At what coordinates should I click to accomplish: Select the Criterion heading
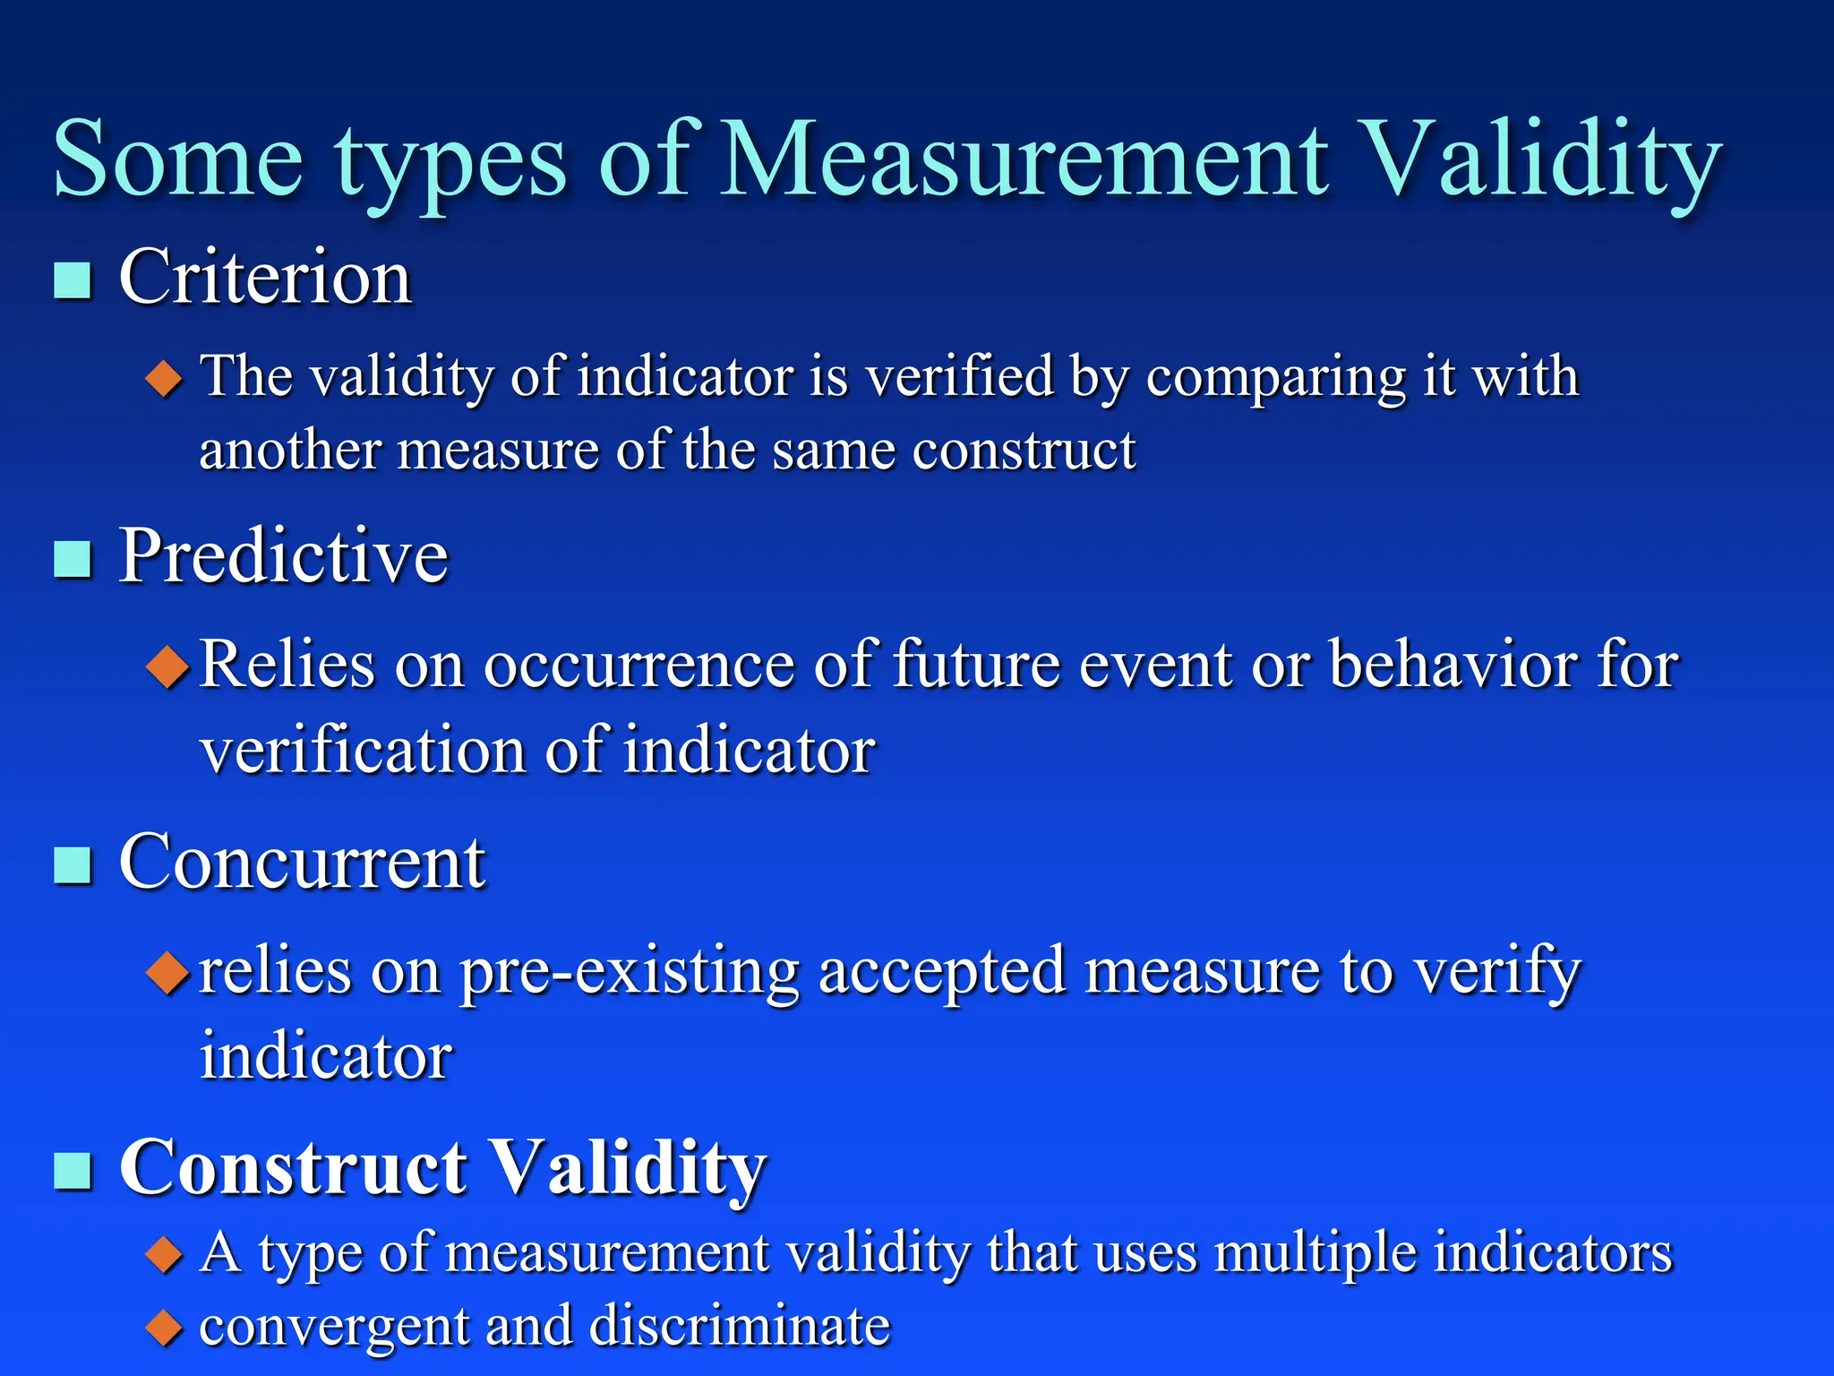[265, 278]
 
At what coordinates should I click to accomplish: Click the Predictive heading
[283, 556]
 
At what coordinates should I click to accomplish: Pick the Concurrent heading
[302, 862]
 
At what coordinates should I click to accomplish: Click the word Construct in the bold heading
[294, 1167]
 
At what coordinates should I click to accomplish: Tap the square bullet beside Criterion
[73, 280]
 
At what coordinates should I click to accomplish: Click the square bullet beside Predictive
[73, 559]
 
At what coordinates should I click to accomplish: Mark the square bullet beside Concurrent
[73, 865]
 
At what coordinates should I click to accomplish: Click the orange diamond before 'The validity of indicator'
[164, 379]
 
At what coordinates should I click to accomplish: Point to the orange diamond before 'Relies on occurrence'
[167, 667]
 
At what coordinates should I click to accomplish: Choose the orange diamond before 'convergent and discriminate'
[164, 1328]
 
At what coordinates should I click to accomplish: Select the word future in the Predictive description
[976, 665]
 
